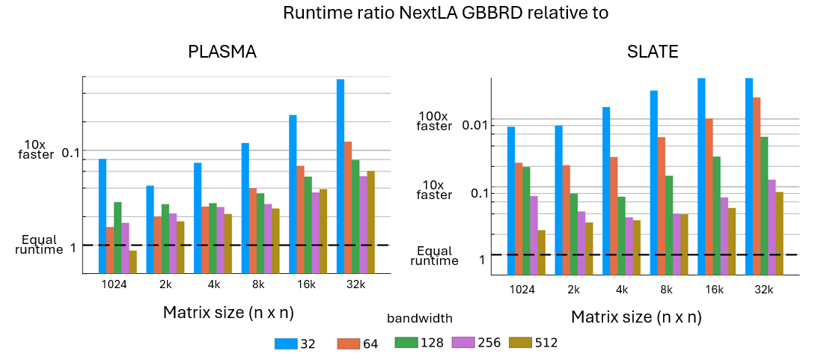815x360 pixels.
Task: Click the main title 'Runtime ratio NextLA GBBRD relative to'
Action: [x=445, y=13]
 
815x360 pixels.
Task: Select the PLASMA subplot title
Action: [x=222, y=52]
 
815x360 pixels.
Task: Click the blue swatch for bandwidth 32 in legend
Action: [x=286, y=344]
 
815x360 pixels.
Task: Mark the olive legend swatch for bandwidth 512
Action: [x=520, y=344]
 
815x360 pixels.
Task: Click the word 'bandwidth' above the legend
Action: [x=420, y=319]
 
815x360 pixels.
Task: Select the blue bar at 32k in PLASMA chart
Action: [x=341, y=176]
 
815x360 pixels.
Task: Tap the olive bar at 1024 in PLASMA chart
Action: [x=132, y=262]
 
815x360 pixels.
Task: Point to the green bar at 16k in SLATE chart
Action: [x=716, y=216]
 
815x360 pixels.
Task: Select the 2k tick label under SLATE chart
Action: [x=574, y=290]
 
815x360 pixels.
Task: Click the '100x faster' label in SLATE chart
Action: [x=434, y=121]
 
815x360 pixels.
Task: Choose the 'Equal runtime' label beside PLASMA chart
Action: [x=39, y=245]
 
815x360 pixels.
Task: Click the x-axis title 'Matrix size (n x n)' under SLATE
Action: [x=636, y=317]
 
